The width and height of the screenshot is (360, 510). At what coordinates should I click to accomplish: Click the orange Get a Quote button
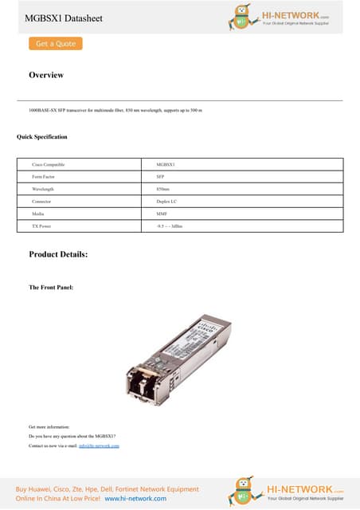[x=56, y=44]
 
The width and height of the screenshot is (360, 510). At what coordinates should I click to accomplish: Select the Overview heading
[x=46, y=75]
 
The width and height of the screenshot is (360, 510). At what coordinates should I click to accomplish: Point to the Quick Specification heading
[x=42, y=137]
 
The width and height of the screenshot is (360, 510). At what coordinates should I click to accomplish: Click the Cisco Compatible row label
[x=49, y=164]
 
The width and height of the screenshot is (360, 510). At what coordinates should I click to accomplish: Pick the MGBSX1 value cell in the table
[x=166, y=164]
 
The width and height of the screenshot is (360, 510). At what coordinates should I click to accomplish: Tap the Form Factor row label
[x=45, y=177]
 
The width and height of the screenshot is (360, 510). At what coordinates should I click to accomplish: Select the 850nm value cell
[x=163, y=189]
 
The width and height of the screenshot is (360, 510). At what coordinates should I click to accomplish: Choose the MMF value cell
[x=162, y=214]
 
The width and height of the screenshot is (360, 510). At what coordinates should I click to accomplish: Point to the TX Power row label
[x=43, y=226]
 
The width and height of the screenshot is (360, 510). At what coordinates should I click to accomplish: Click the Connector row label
[x=43, y=202]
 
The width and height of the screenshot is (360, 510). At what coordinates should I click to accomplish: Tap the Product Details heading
[x=58, y=254]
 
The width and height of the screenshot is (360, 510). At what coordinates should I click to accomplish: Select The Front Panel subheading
[x=51, y=287]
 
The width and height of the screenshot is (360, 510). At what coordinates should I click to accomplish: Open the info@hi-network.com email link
[x=99, y=445]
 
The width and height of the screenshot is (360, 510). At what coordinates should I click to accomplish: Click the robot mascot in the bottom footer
[x=242, y=491]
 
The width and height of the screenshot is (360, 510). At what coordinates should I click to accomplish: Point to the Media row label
[x=38, y=214]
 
